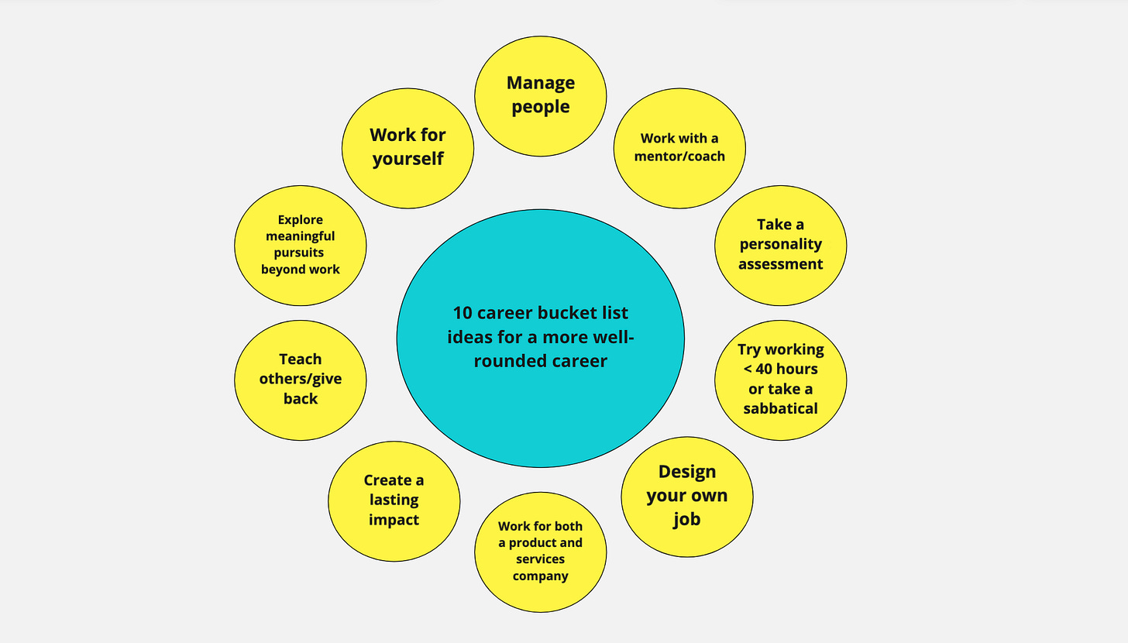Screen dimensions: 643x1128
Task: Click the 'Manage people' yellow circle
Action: click(540, 96)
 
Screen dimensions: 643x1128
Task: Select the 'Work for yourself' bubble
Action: click(408, 147)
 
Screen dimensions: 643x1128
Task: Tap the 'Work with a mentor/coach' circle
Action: click(679, 147)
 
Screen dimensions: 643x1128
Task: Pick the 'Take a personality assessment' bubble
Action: click(780, 245)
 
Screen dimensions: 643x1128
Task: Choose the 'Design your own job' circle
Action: click(687, 496)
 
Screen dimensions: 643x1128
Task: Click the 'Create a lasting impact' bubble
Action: click(394, 500)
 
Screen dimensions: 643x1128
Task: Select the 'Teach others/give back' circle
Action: click(300, 380)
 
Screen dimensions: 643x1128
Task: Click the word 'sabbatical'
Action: click(780, 408)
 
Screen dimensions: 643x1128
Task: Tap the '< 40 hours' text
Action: click(780, 369)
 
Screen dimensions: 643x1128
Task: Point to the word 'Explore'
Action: click(300, 219)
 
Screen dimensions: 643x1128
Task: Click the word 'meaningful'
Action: click(300, 236)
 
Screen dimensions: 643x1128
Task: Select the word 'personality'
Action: click(780, 244)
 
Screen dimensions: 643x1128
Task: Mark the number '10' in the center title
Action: click(463, 313)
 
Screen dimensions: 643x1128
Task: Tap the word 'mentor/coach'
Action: click(679, 156)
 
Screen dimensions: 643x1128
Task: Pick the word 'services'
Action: click(540, 559)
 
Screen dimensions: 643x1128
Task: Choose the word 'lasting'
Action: click(394, 500)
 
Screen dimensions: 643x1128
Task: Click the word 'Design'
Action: click(687, 471)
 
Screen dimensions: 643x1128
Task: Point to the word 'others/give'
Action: click(300, 379)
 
